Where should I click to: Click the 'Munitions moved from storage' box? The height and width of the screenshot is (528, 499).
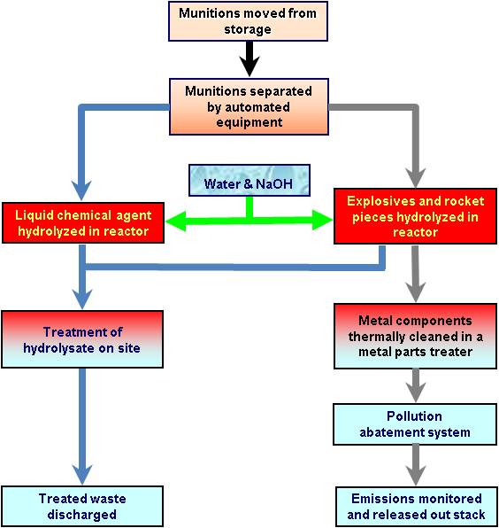pos(248,21)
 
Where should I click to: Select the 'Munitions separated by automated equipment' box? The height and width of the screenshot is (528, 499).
pos(249,106)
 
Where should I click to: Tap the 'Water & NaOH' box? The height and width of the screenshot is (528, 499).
pos(249,180)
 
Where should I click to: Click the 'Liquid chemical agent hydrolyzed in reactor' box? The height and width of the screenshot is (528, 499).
pos(83,222)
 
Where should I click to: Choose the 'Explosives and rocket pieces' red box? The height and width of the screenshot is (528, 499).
pos(415,216)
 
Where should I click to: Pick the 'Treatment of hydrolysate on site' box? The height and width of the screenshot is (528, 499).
pos(82,339)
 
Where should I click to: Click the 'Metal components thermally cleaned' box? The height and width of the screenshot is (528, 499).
pos(415,336)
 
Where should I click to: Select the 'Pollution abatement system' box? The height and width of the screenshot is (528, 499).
pos(415,424)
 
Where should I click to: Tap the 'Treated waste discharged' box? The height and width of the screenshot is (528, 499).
pos(82,506)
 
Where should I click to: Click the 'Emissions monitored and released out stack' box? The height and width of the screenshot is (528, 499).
pos(417,507)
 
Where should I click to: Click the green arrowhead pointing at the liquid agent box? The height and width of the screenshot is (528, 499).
pos(176,221)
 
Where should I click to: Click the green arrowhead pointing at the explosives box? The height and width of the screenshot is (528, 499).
pos(322,220)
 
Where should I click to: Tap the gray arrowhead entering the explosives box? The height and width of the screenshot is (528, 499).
pos(416,177)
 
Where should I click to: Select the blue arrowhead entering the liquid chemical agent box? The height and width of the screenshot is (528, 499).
pos(81,190)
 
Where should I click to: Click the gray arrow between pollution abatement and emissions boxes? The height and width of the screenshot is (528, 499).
pos(416,465)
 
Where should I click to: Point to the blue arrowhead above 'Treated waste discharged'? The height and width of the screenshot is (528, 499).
pos(82,475)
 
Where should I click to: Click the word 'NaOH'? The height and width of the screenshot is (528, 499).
pos(274,184)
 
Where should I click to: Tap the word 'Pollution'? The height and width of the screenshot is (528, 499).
pos(414,416)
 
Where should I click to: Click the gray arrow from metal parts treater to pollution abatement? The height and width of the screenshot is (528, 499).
pos(416,385)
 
